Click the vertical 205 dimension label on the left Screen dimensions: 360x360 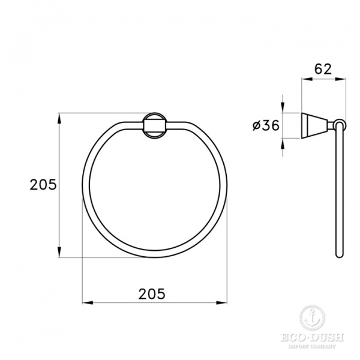[x=43, y=185]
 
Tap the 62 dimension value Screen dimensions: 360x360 [x=322, y=68]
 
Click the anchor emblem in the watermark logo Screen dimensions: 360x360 [x=311, y=316]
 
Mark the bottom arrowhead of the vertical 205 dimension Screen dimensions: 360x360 [x=59, y=254]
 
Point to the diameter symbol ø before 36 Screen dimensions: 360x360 [x=256, y=125]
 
